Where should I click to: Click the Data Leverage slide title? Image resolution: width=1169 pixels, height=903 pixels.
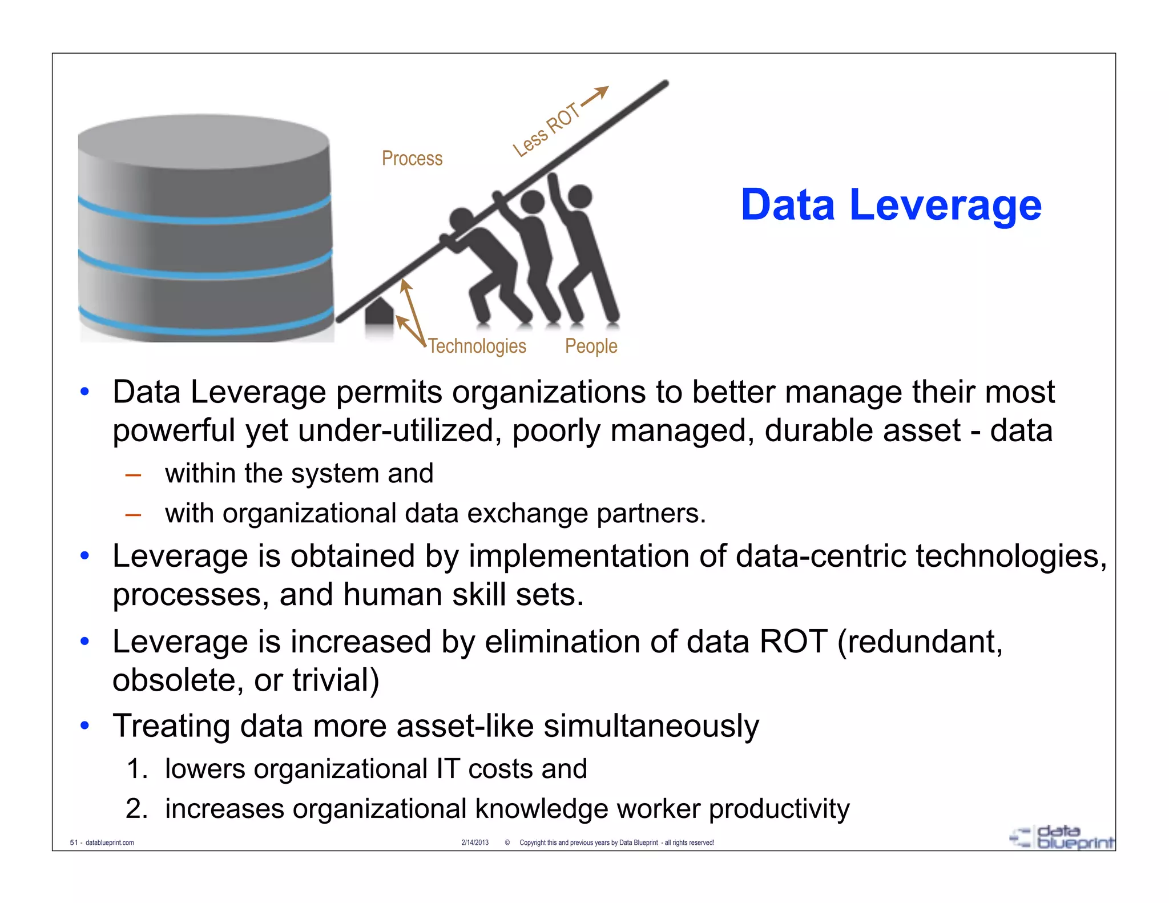pos(890,205)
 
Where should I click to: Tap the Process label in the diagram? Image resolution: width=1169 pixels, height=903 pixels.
pos(412,158)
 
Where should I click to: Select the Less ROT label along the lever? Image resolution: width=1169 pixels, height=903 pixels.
pos(546,130)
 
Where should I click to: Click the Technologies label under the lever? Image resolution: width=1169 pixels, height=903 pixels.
pos(477,346)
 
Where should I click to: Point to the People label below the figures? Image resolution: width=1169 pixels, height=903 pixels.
pos(591,346)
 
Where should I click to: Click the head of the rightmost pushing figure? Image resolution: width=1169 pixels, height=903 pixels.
pos(581,196)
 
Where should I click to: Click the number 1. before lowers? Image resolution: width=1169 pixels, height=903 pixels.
pos(137,769)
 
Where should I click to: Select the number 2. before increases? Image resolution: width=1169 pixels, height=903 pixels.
pos(137,809)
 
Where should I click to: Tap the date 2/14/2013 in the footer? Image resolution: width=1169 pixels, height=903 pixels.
pos(475,842)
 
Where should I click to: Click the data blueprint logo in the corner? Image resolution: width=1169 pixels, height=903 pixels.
pos(1062,837)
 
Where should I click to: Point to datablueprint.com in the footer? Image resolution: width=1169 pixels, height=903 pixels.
pos(110,842)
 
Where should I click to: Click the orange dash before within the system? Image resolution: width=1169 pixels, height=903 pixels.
pos(133,474)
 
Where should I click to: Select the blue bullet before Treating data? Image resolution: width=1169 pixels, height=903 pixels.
pos(85,725)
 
